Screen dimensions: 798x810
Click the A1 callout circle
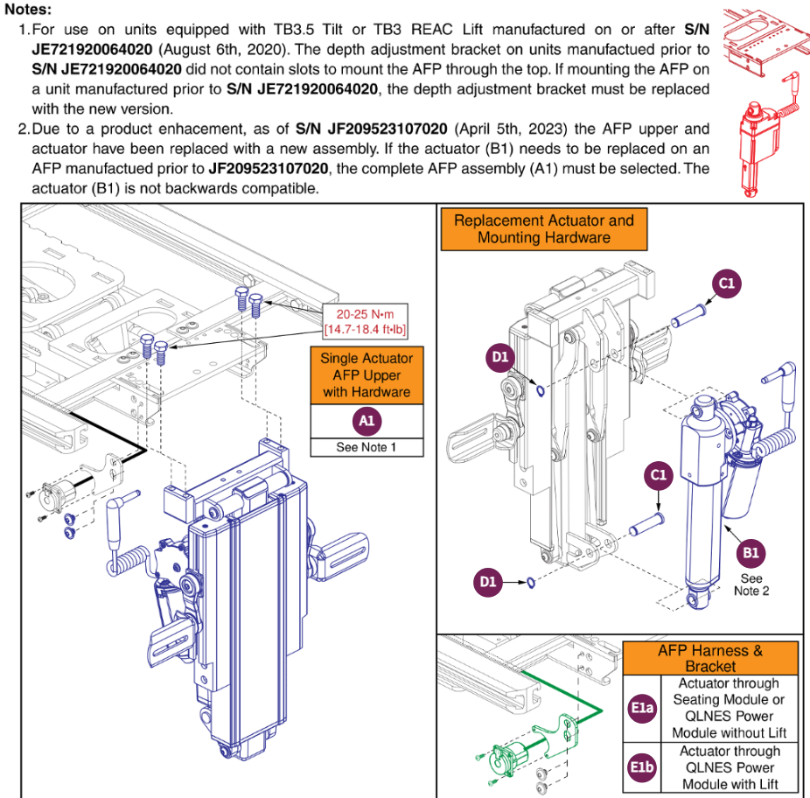click(367, 421)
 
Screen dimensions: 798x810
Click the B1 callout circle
click(751, 552)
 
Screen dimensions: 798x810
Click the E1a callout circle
click(641, 708)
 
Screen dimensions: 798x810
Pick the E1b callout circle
click(641, 767)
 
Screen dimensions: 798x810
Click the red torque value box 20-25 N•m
click(362, 321)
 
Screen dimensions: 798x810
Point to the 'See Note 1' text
click(367, 447)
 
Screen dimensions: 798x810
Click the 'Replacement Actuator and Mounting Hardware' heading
click(543, 228)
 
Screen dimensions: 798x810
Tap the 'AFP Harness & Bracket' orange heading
click(710, 658)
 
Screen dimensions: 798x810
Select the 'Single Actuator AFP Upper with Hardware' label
click(367, 374)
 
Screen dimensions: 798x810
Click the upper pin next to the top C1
click(690, 312)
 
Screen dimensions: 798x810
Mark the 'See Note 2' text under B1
click(751, 584)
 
